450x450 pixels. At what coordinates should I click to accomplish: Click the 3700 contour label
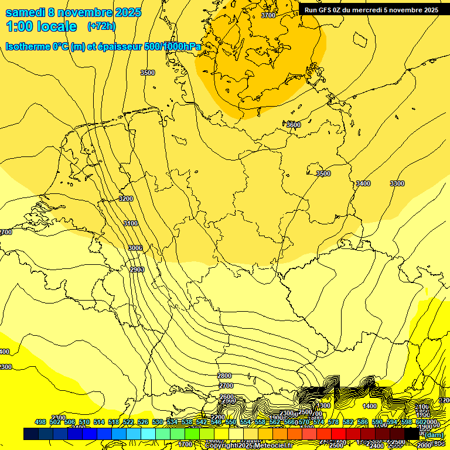(x=268, y=15)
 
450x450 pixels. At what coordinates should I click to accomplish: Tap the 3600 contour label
(x=294, y=125)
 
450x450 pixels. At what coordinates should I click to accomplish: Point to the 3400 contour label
(x=363, y=183)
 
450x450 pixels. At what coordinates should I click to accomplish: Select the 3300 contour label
(x=397, y=183)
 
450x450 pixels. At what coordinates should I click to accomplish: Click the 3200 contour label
(x=126, y=199)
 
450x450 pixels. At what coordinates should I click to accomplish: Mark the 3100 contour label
(x=131, y=223)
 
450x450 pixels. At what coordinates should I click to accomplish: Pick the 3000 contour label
(x=135, y=248)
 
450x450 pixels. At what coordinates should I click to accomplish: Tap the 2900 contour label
(x=137, y=269)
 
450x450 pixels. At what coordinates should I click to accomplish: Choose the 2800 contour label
(x=224, y=376)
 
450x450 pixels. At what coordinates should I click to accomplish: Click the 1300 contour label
(x=323, y=405)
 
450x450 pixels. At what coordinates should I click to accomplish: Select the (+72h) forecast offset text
(x=101, y=26)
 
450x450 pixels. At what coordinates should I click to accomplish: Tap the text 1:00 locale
(x=41, y=26)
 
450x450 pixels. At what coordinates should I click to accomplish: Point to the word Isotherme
(x=28, y=46)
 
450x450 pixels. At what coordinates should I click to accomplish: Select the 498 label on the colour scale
(x=40, y=422)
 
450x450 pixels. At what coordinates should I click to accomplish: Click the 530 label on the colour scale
(x=158, y=422)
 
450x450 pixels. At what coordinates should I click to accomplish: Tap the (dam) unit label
(x=434, y=434)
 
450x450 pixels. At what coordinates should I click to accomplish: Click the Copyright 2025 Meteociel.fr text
(x=248, y=446)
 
